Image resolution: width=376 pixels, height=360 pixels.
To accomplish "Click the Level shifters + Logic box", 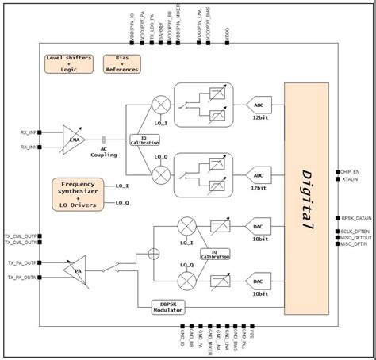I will (70, 63).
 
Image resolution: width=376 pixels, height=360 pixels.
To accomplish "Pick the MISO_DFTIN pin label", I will (353, 243).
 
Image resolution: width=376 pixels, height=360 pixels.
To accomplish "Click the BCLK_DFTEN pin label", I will (354, 231).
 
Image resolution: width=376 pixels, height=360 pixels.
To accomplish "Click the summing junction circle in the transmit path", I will (153, 255).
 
